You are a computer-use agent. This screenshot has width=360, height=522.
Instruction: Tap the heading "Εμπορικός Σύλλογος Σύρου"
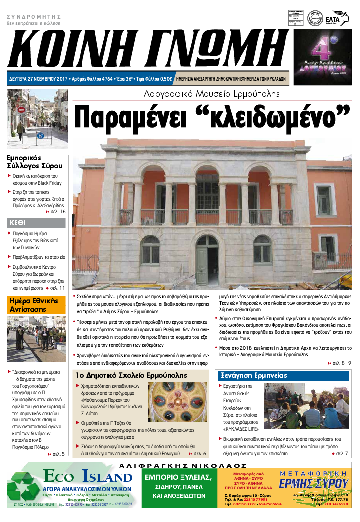click(35, 161)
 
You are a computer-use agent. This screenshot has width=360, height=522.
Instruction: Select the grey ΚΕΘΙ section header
click(36, 223)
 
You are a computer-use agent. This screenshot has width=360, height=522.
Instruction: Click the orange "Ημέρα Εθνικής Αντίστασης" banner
click(36, 305)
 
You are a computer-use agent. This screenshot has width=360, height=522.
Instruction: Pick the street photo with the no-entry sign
click(37, 119)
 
